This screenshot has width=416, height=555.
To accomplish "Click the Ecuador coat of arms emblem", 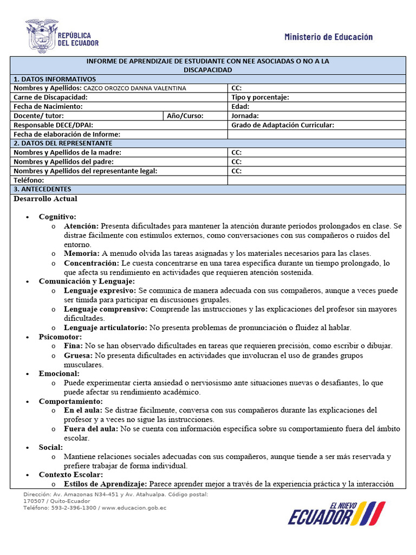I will [x=42, y=36].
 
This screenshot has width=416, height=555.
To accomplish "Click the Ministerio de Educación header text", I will [x=328, y=37].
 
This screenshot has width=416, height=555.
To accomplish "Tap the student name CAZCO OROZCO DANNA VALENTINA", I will [x=134, y=88].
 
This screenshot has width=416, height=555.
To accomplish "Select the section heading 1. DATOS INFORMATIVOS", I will [x=55, y=79].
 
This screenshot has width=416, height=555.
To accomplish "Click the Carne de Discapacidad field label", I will [x=50, y=98].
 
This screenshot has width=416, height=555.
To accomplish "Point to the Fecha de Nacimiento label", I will [x=48, y=107].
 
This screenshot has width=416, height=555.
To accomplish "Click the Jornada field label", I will [x=245, y=116].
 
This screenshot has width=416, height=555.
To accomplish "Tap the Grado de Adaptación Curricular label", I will [x=282, y=125].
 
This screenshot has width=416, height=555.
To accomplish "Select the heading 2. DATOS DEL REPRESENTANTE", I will [x=63, y=143].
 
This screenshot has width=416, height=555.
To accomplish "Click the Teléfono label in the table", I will [x=29, y=180].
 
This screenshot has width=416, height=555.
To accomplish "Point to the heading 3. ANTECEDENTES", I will [x=42, y=189].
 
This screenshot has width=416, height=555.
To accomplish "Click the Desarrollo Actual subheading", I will [x=45, y=199].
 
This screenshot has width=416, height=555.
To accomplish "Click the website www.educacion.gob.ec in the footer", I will [x=133, y=508].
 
